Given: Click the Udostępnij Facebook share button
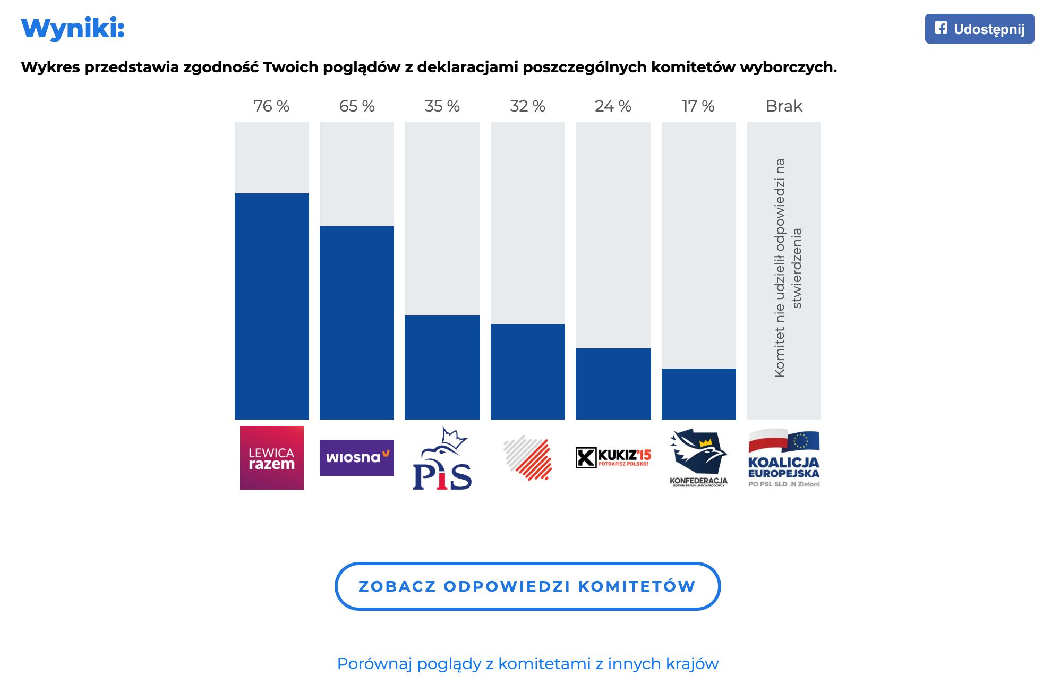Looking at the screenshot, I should [979, 29].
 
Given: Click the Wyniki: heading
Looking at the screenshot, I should [73, 28].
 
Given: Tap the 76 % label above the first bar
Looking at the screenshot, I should [271, 106].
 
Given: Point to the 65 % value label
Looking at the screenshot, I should [357, 106].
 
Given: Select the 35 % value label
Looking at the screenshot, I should [442, 106].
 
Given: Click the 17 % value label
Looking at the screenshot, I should [698, 106].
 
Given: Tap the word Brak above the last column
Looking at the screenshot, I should [784, 106].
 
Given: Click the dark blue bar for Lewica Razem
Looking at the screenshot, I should [271, 306].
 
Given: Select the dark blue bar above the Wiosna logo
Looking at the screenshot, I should [357, 323].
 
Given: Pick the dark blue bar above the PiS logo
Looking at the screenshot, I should [442, 368].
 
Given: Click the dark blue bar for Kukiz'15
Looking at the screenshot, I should [613, 384].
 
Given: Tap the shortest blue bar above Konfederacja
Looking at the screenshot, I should [698, 394].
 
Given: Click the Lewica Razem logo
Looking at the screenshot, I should [271, 458].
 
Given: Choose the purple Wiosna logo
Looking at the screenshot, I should [357, 458].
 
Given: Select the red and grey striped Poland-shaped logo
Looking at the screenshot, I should [528, 458].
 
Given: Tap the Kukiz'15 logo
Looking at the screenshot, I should [613, 457].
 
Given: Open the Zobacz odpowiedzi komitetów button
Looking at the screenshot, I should [527, 586].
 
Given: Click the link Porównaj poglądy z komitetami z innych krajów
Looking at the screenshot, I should [527, 664].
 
